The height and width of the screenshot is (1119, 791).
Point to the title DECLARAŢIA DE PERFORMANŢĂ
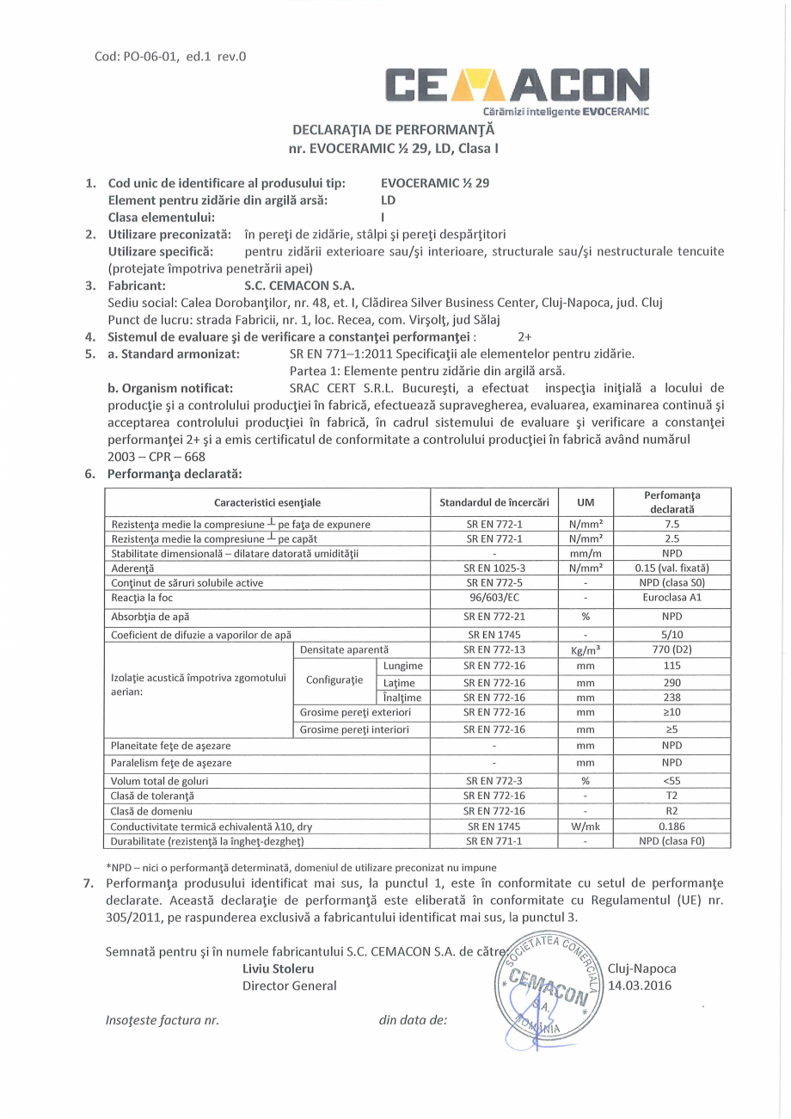pos(395,131)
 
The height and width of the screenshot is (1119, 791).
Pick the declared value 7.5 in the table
pos(672,523)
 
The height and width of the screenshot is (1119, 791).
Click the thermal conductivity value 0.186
pos(672,826)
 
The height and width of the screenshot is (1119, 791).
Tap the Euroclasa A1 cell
pos(672,597)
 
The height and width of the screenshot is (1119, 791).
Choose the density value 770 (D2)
pos(672,650)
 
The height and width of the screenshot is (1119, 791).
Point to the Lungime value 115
pos(672,666)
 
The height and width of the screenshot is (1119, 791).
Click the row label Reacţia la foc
pos(143,597)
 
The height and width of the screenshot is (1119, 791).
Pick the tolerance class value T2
pos(672,796)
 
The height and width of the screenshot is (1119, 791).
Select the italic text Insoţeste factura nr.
pos(162,1020)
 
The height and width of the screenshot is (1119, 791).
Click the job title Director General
pos(290,986)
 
